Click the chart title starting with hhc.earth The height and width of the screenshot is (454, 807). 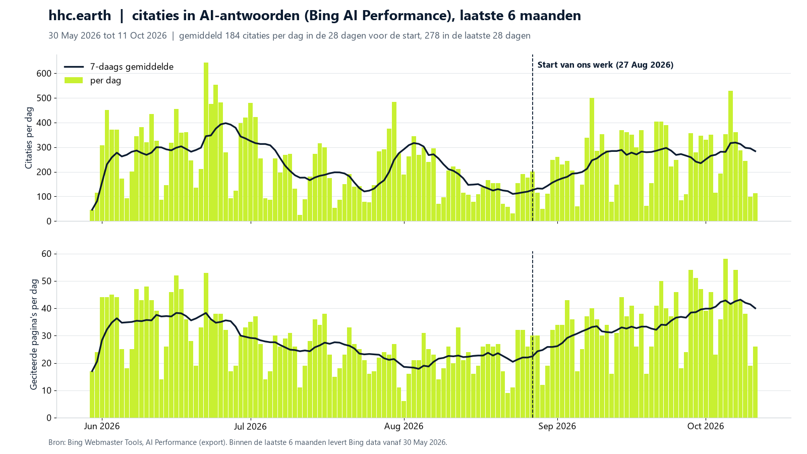[315, 16]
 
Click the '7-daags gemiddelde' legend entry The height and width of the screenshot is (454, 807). [119, 67]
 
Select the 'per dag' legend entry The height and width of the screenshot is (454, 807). [93, 80]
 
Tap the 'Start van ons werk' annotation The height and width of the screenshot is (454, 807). [605, 65]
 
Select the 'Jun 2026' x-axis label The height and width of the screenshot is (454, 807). [102, 426]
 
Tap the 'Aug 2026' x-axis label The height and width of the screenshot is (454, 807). [404, 426]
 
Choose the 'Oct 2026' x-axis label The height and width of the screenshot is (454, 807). [706, 426]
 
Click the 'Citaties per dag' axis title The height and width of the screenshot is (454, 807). [29, 138]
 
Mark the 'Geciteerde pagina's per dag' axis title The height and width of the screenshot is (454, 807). [33, 334]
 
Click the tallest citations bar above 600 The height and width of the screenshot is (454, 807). [206, 142]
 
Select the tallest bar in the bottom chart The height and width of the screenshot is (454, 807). [726, 338]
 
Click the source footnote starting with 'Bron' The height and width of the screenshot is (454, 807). [248, 442]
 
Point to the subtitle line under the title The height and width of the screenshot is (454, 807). [290, 36]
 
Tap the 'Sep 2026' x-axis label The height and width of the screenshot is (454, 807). [557, 426]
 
